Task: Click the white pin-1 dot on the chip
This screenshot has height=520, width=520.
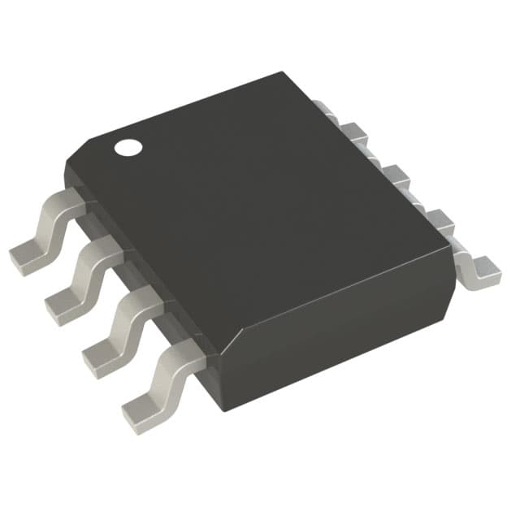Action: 128,148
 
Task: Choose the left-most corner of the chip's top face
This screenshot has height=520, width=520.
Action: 67,162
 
